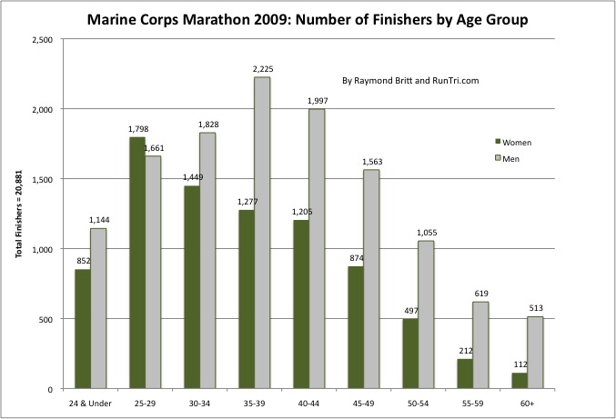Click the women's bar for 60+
tap(519, 381)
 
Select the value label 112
tap(519, 365)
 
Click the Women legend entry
tap(513, 142)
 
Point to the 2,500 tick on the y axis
tap(42, 39)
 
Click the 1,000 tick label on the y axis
tap(42, 249)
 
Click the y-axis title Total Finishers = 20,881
tap(18, 214)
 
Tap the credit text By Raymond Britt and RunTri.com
tap(410, 80)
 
